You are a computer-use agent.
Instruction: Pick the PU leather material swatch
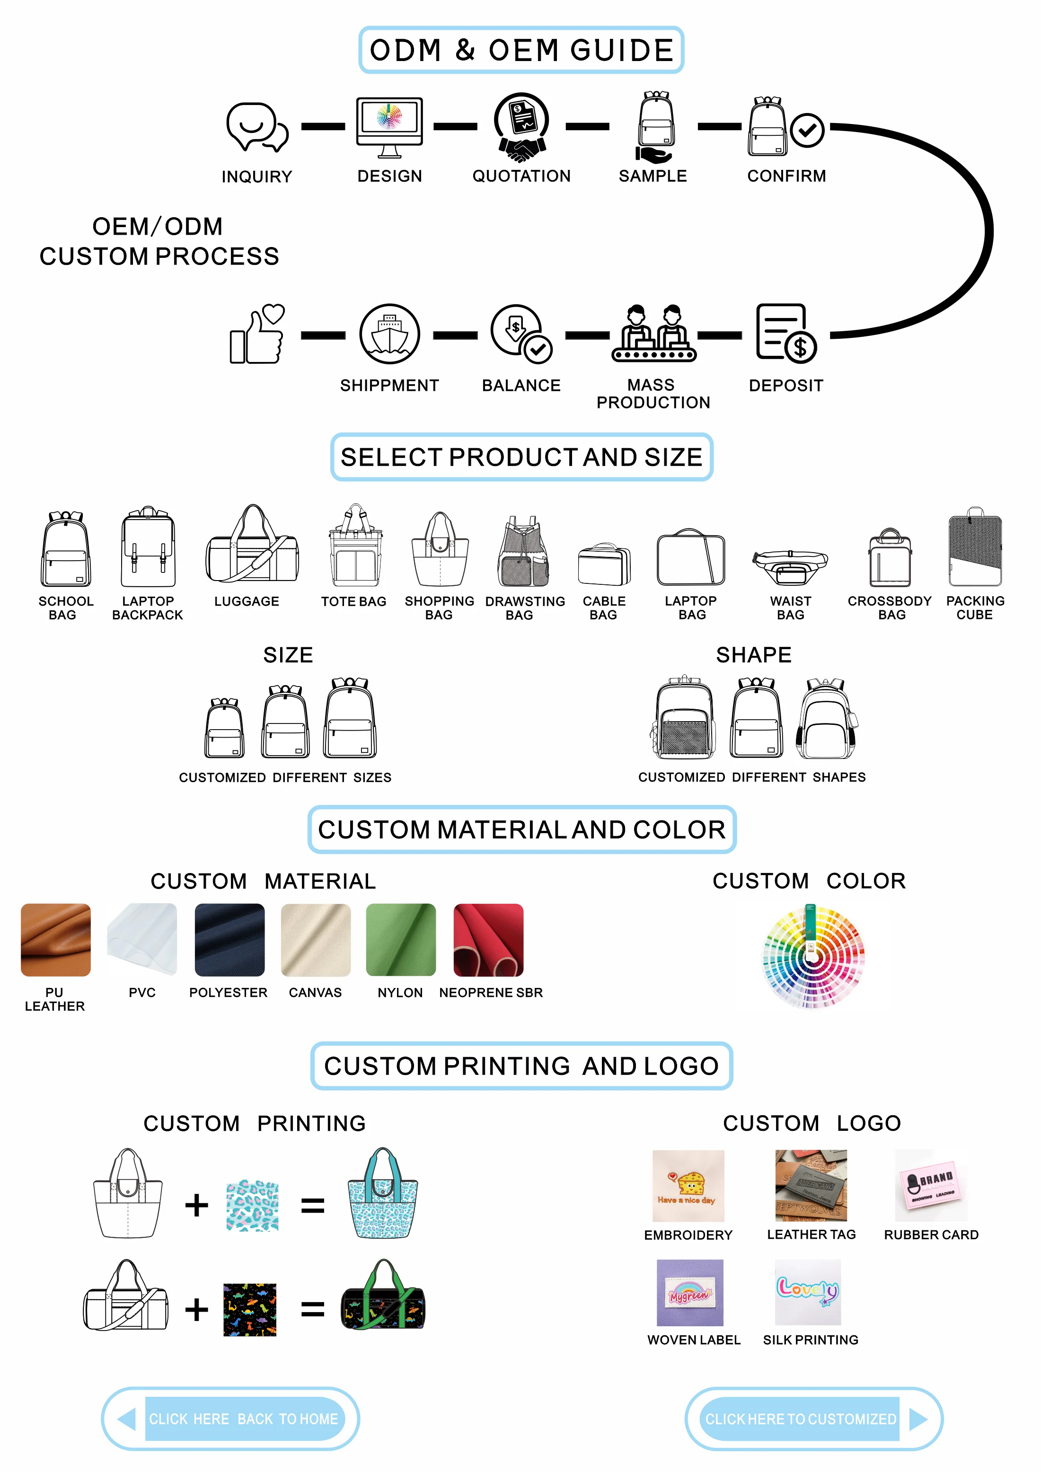56,939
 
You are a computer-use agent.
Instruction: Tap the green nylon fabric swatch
401,939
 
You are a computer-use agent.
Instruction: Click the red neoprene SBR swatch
488,939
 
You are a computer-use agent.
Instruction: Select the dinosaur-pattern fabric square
249,1309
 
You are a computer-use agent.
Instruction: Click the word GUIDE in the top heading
621,51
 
